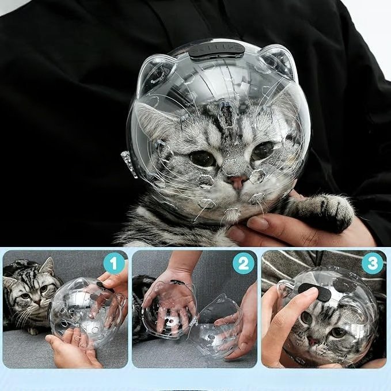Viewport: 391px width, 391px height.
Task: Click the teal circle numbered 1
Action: click(113, 264)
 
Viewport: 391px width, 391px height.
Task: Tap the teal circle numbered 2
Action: click(243, 264)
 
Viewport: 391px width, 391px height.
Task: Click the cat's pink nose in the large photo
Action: click(238, 181)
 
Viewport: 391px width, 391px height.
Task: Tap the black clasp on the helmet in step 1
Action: click(104, 287)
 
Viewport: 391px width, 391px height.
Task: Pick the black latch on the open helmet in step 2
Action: click(177, 282)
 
